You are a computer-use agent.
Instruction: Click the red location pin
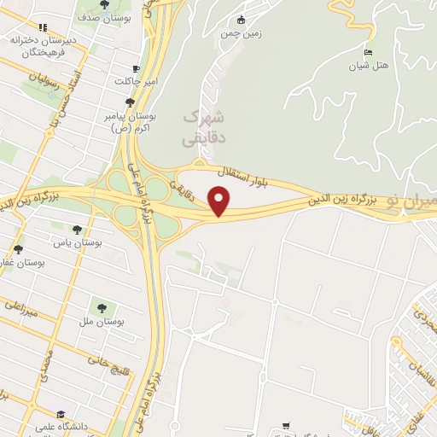[x=220, y=201]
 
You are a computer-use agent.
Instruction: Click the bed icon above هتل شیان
[x=369, y=51]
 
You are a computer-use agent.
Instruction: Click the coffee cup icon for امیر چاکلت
[x=137, y=68]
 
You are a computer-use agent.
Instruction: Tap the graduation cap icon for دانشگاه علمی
[x=39, y=414]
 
